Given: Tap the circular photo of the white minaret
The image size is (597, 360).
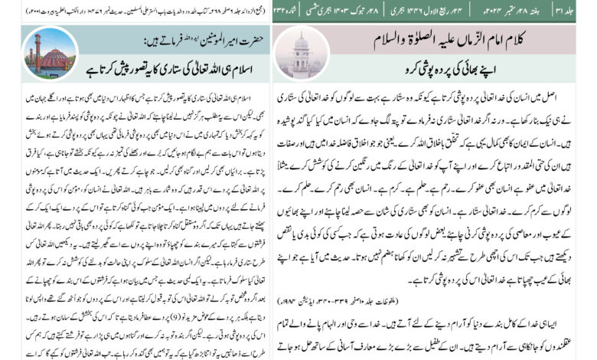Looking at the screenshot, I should (x=300, y=53).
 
